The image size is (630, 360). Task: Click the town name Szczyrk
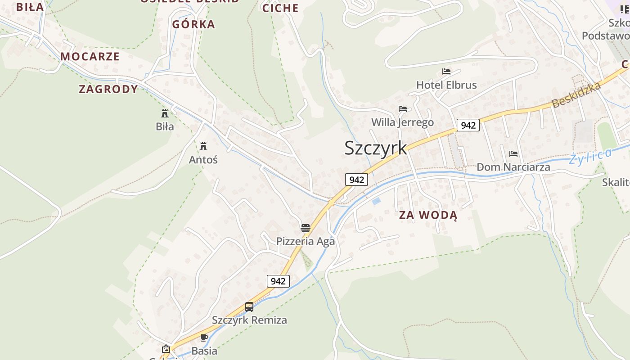coord(376,148)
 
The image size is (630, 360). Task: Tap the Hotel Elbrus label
coord(446,85)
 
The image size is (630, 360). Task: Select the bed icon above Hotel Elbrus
coord(446,72)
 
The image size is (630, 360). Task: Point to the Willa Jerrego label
coord(402,122)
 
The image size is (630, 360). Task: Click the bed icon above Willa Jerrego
coord(403,109)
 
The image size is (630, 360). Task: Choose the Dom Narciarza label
coord(513,167)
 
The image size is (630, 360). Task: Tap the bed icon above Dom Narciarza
coord(513,154)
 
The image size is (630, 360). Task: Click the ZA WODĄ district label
coord(428,215)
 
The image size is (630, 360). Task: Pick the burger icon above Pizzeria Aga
coord(306,228)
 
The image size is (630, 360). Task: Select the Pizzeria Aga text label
coord(306,241)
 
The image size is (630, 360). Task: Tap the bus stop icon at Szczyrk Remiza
coord(249,307)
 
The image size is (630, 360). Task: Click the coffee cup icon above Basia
coord(204,337)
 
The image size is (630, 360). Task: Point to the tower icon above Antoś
coord(203,146)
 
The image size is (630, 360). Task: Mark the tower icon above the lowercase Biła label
coord(165,113)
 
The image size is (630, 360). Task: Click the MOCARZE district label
coord(90,56)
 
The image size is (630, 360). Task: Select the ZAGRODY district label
coord(108,89)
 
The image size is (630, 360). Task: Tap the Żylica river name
coord(590,157)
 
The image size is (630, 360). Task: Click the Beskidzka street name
coord(576,95)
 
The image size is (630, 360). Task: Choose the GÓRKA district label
coord(193,24)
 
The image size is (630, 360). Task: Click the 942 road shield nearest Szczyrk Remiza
coord(278,281)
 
